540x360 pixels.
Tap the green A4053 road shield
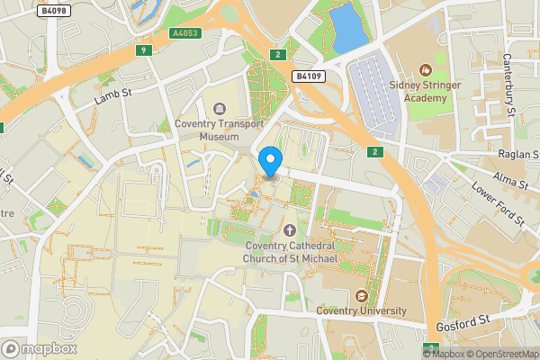185,33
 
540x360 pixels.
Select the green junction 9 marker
143,50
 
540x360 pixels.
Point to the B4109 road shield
309,76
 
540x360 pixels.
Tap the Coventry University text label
362,311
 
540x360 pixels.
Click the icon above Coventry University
362,295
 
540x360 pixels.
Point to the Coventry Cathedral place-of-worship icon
290,230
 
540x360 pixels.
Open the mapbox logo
40,348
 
